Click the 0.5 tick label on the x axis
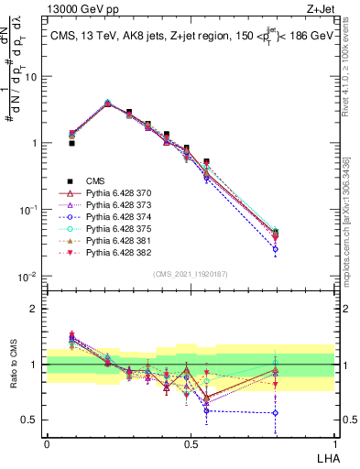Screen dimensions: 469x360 pos(191,443)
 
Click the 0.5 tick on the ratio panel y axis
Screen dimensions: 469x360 pos(34,420)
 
